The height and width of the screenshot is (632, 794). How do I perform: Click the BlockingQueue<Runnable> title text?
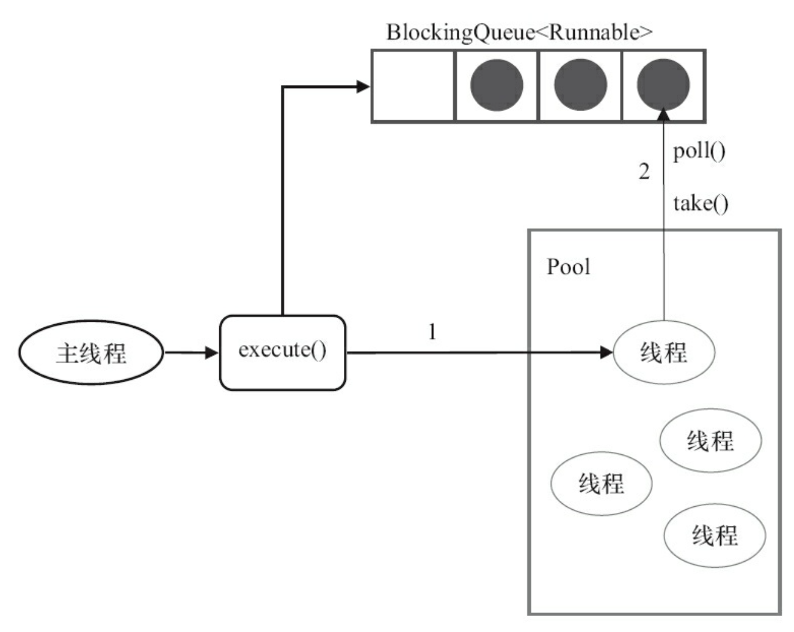point(520,33)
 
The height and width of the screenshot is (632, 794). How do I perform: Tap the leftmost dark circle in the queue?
point(497,85)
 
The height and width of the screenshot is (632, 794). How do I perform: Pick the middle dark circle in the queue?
point(580,85)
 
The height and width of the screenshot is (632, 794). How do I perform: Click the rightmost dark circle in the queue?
point(663,84)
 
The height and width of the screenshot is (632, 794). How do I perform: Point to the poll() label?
point(699,151)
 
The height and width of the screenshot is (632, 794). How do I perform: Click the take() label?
point(701,204)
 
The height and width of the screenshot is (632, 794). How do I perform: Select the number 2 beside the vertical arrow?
point(644,172)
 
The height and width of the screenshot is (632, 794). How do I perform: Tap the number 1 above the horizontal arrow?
point(432,332)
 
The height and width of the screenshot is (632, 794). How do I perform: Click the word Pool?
point(568,267)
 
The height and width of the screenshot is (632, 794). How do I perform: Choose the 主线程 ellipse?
point(91,353)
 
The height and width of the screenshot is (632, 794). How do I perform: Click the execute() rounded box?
point(283,353)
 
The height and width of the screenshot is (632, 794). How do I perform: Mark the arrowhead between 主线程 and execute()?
point(212,353)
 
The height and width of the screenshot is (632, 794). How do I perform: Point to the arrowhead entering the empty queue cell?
point(363,87)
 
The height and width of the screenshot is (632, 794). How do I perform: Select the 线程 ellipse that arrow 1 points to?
point(664,352)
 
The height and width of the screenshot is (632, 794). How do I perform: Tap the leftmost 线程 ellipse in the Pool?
point(602,484)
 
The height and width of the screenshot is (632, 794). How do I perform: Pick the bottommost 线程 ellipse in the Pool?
point(715,536)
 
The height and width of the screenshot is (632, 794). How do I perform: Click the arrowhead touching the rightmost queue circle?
point(664,114)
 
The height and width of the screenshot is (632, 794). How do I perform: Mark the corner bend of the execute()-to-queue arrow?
point(283,87)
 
